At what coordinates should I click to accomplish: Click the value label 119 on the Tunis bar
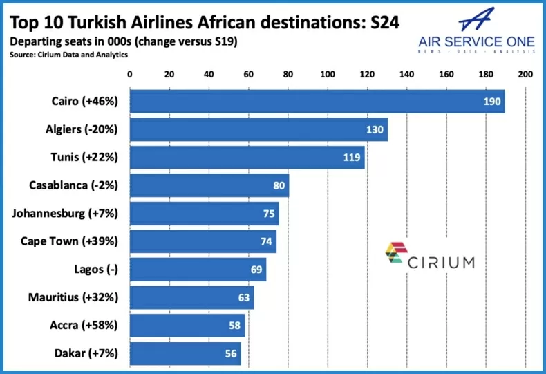coord(352,158)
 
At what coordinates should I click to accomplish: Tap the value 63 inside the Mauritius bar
coord(243,298)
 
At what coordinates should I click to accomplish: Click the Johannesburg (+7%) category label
coord(65,214)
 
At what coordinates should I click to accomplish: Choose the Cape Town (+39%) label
coord(69,241)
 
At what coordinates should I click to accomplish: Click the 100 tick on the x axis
coord(328,74)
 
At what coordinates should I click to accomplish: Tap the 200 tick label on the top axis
coord(525,74)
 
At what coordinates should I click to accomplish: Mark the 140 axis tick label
coord(406,74)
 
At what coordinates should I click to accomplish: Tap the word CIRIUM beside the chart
coord(441,262)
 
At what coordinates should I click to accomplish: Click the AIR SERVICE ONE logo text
coord(477,41)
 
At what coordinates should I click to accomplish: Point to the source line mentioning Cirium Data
coord(68,54)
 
